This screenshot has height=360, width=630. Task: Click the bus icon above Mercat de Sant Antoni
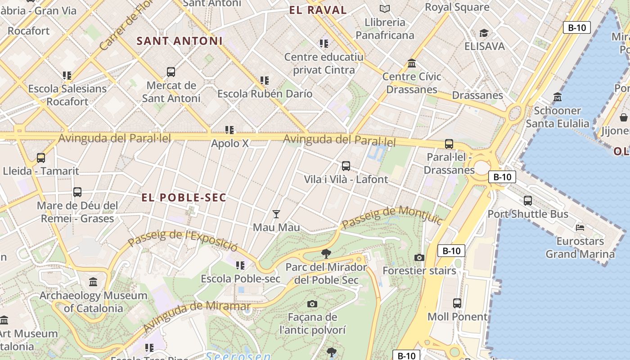[171, 72]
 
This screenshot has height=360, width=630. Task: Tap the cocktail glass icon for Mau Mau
[276, 214]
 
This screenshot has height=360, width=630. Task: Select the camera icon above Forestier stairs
[419, 257]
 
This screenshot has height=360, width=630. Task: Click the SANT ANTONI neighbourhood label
[180, 41]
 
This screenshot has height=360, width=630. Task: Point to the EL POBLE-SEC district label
[184, 198]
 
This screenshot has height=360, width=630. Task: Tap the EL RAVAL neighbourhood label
[318, 10]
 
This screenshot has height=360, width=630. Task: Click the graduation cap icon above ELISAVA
[484, 33]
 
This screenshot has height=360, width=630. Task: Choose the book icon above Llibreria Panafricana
[384, 9]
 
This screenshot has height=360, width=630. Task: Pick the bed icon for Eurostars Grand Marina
[580, 228]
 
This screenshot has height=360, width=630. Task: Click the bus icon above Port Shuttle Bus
[528, 200]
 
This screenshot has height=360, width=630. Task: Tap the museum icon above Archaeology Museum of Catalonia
[93, 282]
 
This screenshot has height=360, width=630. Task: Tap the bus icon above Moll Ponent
[457, 303]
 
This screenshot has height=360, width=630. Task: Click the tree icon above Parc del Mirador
[326, 254]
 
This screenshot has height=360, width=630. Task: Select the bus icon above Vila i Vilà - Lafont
[346, 166]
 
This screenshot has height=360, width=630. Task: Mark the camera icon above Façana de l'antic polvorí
[312, 304]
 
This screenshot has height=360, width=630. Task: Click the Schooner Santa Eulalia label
[557, 117]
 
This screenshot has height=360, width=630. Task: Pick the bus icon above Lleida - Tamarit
[41, 158]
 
